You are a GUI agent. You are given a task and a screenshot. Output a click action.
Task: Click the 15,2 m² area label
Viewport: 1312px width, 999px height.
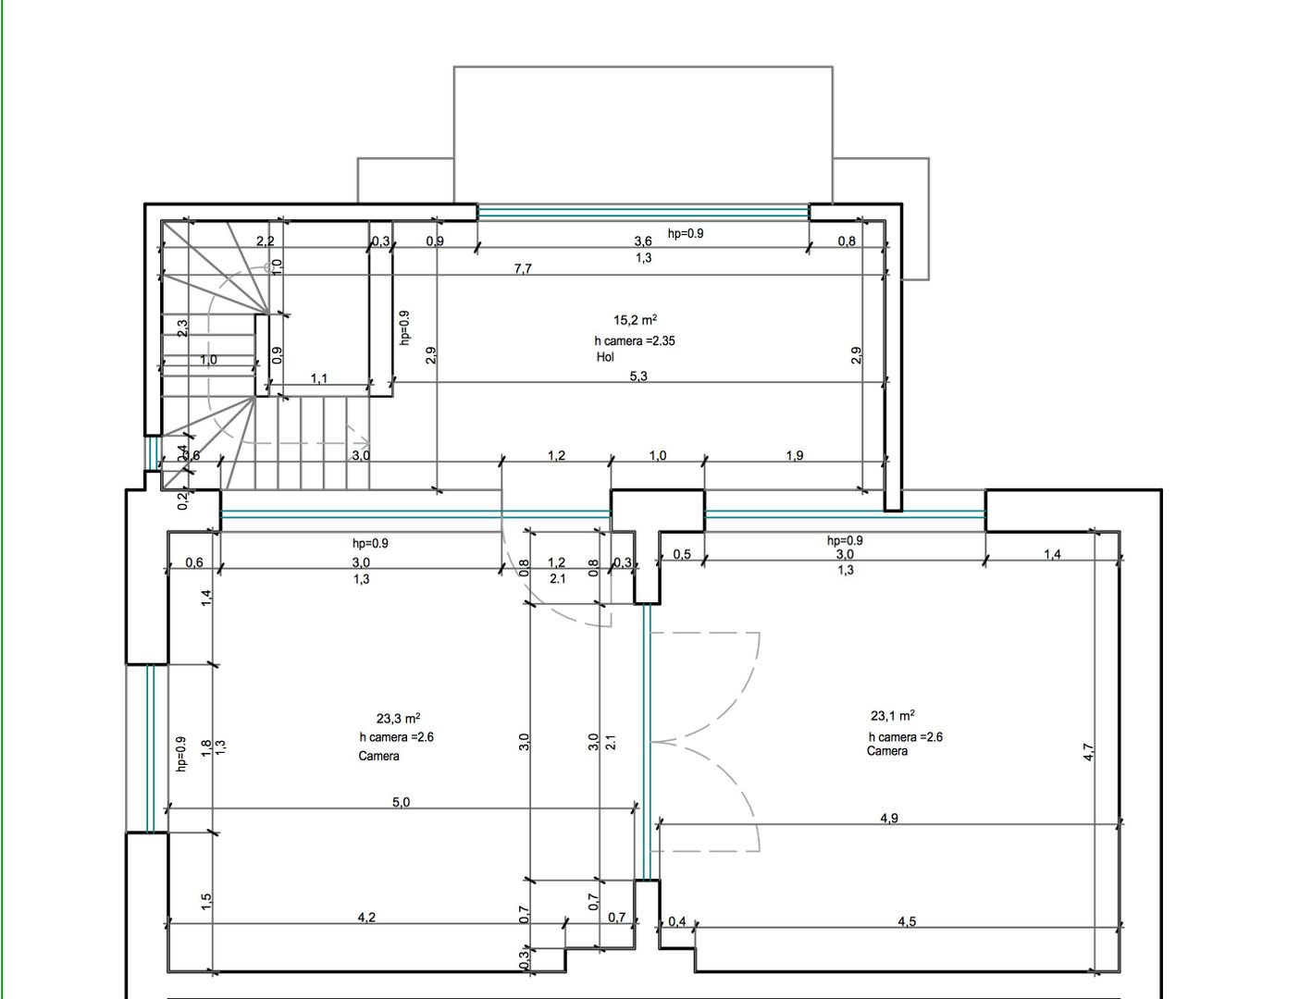tap(635, 321)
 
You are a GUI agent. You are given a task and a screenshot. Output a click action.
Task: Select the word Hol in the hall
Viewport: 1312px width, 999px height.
tap(605, 357)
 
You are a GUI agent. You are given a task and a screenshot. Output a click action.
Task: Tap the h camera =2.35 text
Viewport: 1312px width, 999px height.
tap(635, 340)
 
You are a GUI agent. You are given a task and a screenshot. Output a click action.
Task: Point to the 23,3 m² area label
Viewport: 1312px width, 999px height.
tap(399, 718)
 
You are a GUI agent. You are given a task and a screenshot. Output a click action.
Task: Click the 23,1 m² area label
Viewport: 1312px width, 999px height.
tap(893, 716)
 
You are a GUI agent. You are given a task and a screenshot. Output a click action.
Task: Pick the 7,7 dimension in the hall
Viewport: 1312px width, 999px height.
tap(523, 269)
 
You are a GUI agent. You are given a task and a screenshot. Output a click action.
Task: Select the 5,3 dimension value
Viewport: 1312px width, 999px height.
tap(638, 376)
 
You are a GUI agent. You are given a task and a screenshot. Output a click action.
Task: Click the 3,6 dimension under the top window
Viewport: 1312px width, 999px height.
tap(643, 241)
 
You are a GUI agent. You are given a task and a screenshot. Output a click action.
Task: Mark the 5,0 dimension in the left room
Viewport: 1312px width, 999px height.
tap(401, 802)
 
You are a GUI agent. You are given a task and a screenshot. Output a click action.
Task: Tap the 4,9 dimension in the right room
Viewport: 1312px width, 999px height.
tap(888, 818)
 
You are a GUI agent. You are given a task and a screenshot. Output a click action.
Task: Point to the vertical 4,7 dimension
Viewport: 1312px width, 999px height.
tap(1089, 752)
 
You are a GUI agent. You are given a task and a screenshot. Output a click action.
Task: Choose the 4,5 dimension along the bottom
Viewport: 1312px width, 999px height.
tap(907, 921)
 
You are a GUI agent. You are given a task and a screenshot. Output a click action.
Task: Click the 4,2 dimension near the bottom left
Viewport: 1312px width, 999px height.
tap(366, 918)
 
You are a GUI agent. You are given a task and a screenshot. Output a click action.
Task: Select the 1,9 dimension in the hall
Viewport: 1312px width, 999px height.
tap(795, 455)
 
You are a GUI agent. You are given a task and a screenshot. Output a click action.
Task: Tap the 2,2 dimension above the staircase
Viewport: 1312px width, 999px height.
tap(265, 241)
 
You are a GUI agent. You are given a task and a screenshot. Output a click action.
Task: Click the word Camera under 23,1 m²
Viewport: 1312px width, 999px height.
tap(887, 751)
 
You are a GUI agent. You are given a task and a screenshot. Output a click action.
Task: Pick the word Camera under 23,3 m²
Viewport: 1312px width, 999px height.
tap(379, 756)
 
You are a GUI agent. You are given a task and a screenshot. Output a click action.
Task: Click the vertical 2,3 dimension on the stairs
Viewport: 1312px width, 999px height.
tap(182, 328)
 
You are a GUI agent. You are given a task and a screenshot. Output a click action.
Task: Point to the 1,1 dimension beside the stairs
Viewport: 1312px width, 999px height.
tap(319, 378)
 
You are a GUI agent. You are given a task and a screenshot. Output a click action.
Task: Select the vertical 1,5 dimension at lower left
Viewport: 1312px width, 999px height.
tap(206, 898)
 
